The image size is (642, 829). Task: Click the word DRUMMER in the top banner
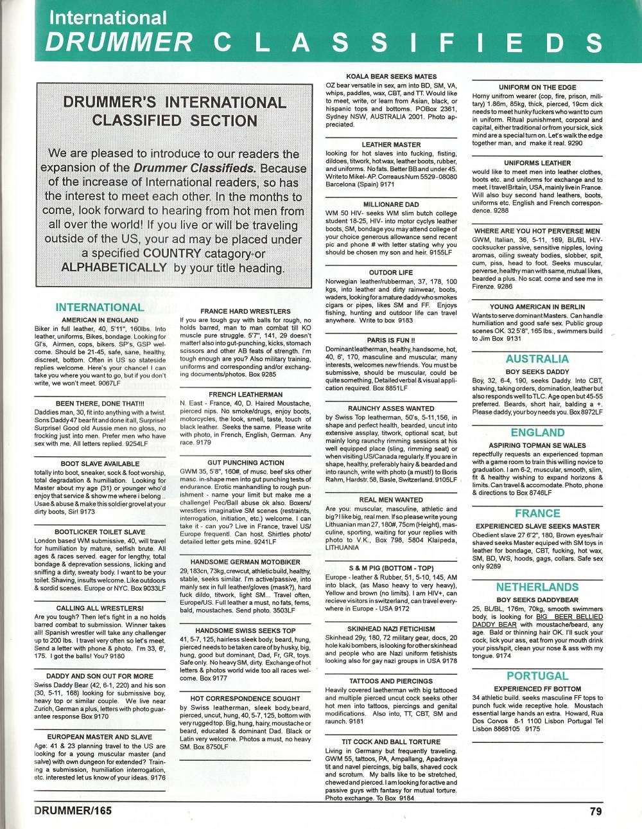(119, 42)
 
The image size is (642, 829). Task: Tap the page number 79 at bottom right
(595, 811)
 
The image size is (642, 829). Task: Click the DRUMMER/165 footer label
(73, 811)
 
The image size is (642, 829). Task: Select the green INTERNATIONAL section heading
(100, 307)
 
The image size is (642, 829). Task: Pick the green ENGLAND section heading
(537, 432)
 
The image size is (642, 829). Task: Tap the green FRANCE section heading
(537, 513)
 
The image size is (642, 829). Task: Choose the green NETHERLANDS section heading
(537, 587)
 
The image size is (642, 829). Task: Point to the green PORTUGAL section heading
(537, 676)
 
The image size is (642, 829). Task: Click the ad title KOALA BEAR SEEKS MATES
(391, 76)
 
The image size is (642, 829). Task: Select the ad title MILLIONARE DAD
(391, 204)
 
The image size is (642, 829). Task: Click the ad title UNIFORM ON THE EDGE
(537, 87)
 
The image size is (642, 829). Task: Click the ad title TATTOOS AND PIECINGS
(391, 681)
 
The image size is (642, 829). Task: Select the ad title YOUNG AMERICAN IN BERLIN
(537, 307)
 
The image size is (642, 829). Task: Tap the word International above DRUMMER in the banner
(108, 17)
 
